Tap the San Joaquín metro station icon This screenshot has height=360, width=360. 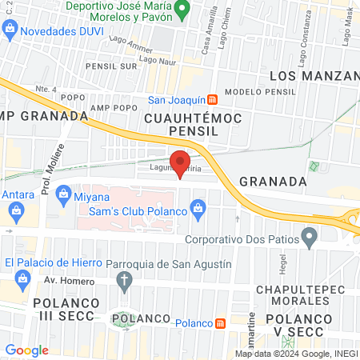pyautogui.click(x=213, y=100)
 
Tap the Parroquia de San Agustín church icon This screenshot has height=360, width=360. pyautogui.click(x=123, y=279)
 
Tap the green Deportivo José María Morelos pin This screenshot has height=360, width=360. pyautogui.click(x=182, y=11)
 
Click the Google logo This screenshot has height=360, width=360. pyautogui.click(x=26, y=350)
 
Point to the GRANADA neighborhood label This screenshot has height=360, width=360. pyautogui.click(x=273, y=182)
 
